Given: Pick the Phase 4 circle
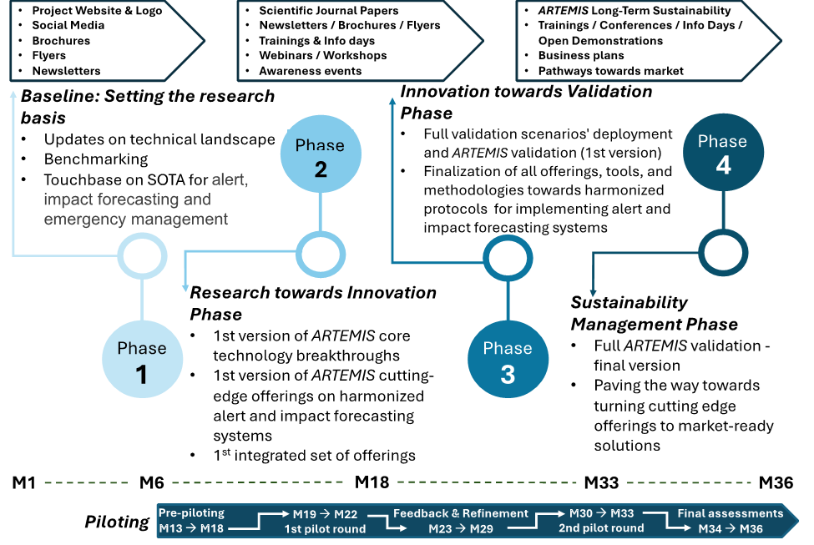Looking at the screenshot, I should coord(723,154).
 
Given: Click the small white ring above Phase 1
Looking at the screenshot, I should coord(141,256).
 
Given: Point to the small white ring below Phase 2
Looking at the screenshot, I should coord(321,254).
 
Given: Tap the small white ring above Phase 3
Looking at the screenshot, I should coord(507,260).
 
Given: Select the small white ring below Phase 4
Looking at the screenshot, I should coord(723,252).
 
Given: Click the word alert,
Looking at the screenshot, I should coord(230,179).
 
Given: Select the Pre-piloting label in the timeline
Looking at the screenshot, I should coord(191,513).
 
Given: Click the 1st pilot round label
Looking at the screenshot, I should coord(325,529).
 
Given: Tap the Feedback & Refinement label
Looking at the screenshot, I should coord(461,513).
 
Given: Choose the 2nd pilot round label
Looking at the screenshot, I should coord(601,528).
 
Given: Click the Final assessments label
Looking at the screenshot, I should coord(730,513).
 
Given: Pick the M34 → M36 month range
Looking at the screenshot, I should coord(731,529).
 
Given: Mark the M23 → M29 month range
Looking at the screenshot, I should coord(461,529).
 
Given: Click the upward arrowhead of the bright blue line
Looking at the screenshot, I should coord(392,103).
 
